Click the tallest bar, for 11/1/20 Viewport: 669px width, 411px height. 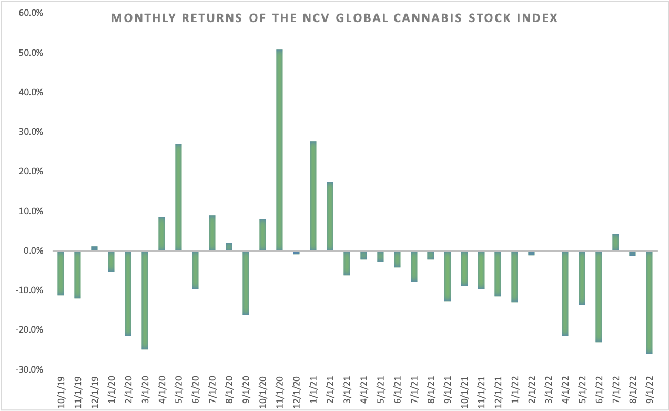[279, 150]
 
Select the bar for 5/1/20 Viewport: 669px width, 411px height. [178, 197]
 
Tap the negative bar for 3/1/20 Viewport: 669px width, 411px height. [145, 300]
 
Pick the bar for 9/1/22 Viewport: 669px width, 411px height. [649, 302]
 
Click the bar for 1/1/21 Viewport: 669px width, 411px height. [313, 196]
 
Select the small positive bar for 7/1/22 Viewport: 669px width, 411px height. [615, 242]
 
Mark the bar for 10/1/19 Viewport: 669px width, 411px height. [60, 273]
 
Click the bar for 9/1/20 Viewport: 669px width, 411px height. [246, 283]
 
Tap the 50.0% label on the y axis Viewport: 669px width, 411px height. [30, 53]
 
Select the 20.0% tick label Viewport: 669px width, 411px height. [30, 172]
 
